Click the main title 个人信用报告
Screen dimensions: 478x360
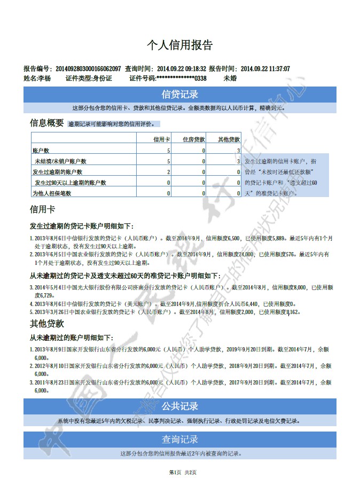(x=179, y=45)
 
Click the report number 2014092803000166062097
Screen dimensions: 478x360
(x=88, y=69)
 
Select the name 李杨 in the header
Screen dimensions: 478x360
(x=44, y=78)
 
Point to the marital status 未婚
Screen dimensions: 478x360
(x=230, y=78)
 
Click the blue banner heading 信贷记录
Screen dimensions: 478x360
(x=180, y=95)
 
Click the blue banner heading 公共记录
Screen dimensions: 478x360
(x=180, y=406)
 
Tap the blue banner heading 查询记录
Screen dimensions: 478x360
(x=180, y=440)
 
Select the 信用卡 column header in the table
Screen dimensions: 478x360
(x=162, y=139)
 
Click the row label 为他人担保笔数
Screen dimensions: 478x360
(x=52, y=193)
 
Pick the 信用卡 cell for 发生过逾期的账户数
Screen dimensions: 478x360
(x=168, y=172)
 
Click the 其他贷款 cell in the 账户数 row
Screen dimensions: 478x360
(x=238, y=151)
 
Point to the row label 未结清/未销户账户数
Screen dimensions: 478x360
(x=60, y=161)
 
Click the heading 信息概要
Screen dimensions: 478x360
(x=46, y=123)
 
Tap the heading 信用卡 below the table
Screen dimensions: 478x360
(x=42, y=209)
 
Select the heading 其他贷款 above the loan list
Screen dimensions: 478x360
(x=46, y=324)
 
